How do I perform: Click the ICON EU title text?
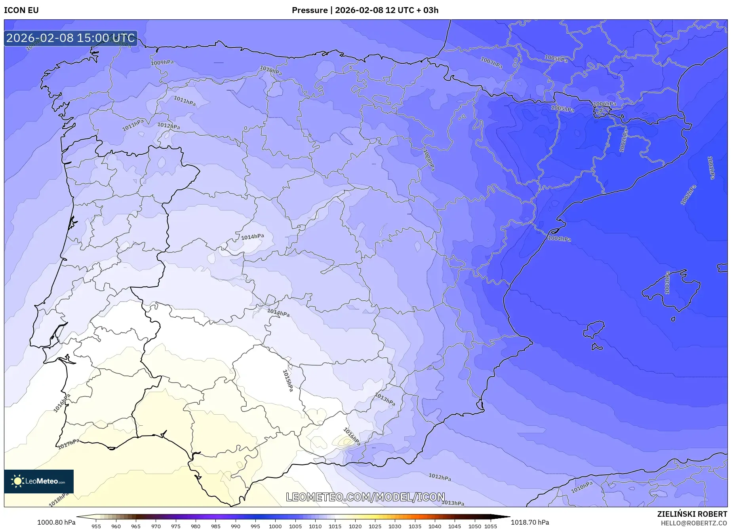pyautogui.click(x=21, y=10)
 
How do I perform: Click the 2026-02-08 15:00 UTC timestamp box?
pyautogui.click(x=70, y=38)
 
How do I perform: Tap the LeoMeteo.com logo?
pyautogui.click(x=39, y=481)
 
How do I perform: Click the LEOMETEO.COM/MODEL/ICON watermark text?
pyautogui.click(x=365, y=497)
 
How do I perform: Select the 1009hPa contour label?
pyautogui.click(x=162, y=63)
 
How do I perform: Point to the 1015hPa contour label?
pyautogui.click(x=288, y=381)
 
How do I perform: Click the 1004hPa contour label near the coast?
pyautogui.click(x=559, y=239)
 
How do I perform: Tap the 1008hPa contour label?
pyautogui.click(x=429, y=160)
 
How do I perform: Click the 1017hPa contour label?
pyautogui.click(x=69, y=444)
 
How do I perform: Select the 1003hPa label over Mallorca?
pyautogui.click(x=667, y=283)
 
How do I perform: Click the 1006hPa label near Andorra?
pyautogui.click(x=604, y=104)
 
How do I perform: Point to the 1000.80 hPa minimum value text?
pyautogui.click(x=56, y=522)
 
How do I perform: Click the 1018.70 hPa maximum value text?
pyautogui.click(x=530, y=522)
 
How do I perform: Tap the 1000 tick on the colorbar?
pyautogui.click(x=275, y=526)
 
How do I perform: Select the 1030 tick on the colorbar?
pyautogui.click(x=395, y=526)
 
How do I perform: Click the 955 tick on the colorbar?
pyautogui.click(x=96, y=526)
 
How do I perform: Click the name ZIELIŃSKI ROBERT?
pyautogui.click(x=692, y=514)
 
